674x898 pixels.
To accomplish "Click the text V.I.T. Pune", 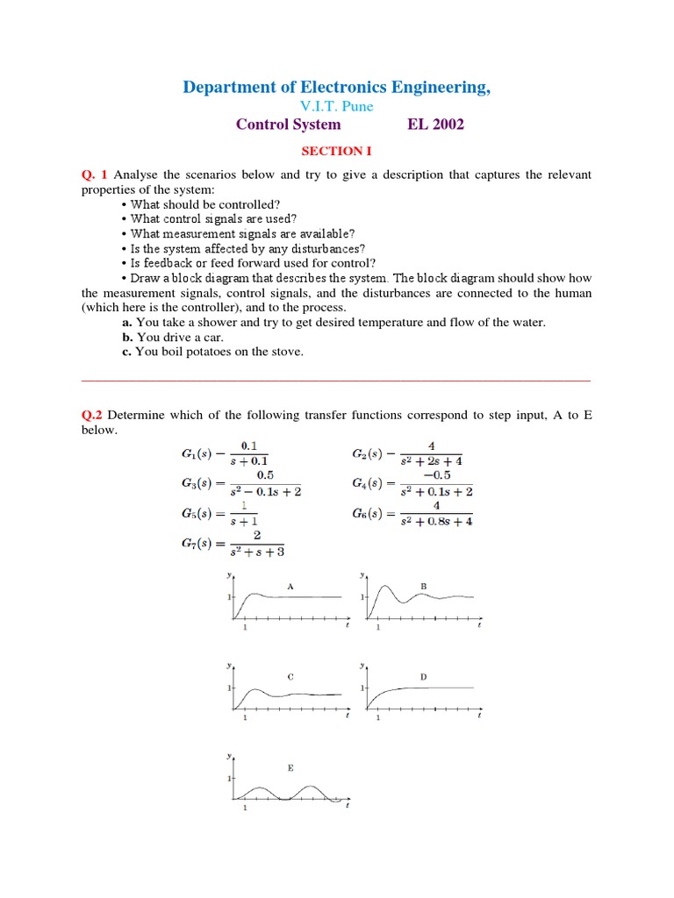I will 337,106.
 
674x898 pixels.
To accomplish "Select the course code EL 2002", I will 435,125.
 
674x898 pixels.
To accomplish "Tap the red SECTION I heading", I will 336,151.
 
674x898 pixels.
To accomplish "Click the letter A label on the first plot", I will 290,585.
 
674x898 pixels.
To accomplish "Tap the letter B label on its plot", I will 423,585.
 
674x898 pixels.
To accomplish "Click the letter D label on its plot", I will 423,677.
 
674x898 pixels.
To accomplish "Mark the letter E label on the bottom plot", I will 290,767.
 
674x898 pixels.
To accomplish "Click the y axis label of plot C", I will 229,666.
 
